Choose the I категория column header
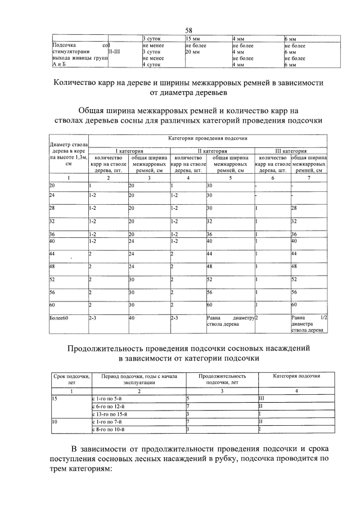129,151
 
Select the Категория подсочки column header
296,375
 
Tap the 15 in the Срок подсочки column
54,398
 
